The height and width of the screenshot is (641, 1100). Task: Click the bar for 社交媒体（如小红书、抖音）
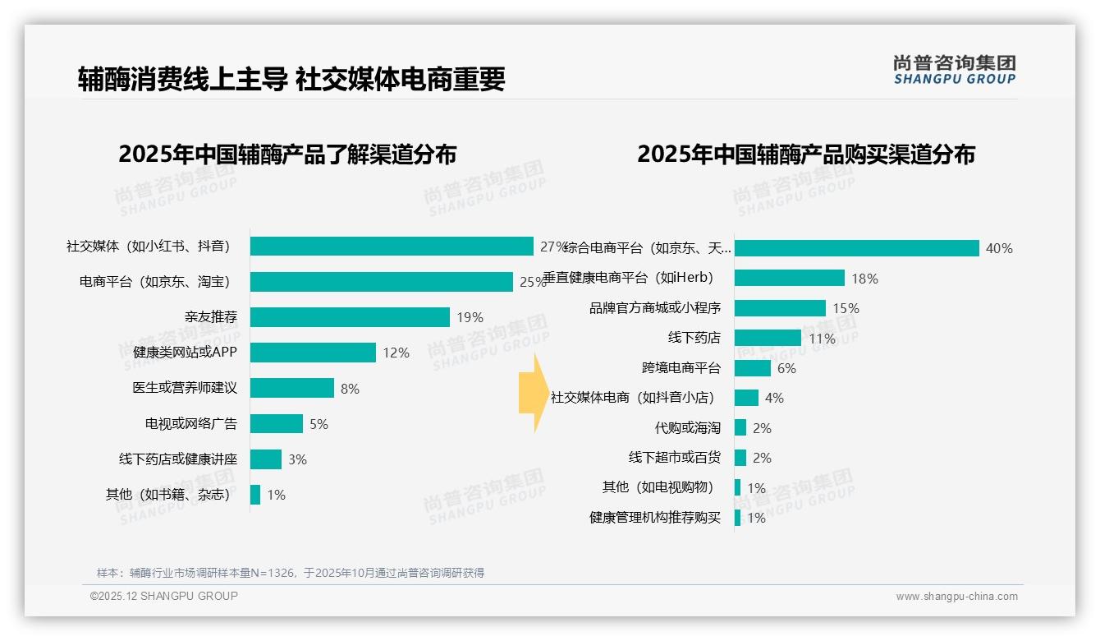coord(392,247)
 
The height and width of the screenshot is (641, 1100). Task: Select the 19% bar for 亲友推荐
coord(350,317)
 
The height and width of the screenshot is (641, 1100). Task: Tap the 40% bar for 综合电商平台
coord(856,248)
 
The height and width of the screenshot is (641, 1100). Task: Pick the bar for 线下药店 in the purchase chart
coord(768,338)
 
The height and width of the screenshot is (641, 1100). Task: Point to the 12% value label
coord(396,353)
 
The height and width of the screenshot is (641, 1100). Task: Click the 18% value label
coord(864,279)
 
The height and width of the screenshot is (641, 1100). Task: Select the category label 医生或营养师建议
coord(185,388)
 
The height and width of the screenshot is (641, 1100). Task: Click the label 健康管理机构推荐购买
coord(654,517)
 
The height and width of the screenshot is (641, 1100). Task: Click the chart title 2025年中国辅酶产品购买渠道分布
coord(805,154)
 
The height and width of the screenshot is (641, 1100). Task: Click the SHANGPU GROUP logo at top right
coord(954,69)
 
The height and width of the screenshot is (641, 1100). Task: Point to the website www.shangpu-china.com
coord(956,597)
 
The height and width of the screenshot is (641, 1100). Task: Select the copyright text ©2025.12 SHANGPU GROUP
coord(163,596)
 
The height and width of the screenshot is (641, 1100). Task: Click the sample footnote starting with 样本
coord(290,573)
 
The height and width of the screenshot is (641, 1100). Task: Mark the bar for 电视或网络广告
coord(277,424)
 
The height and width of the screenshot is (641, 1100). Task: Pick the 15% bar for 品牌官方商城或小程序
coord(780,308)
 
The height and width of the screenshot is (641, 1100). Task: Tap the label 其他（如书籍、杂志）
coord(167,495)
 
